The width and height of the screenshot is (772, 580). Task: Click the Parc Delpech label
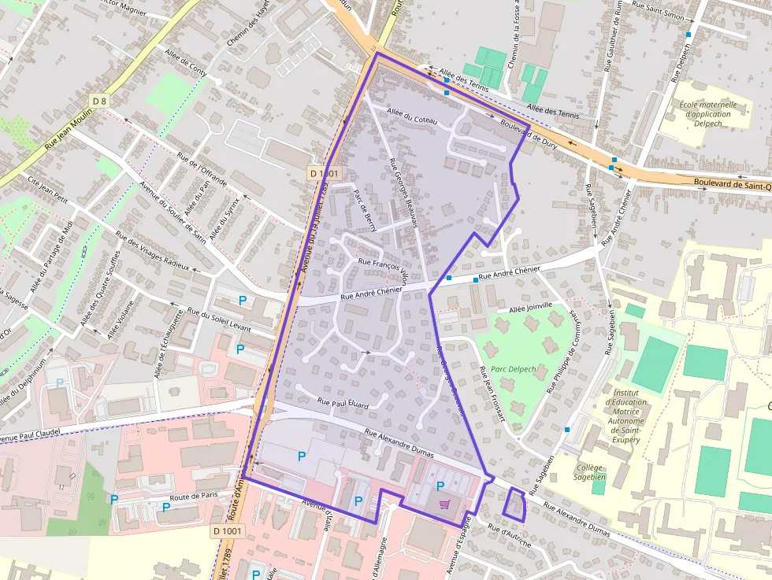(513, 369)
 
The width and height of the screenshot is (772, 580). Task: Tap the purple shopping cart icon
(446, 504)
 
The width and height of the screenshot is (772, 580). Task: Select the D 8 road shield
(98, 101)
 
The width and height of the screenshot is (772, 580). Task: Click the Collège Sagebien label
(589, 472)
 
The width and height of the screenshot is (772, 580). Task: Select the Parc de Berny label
(366, 210)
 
